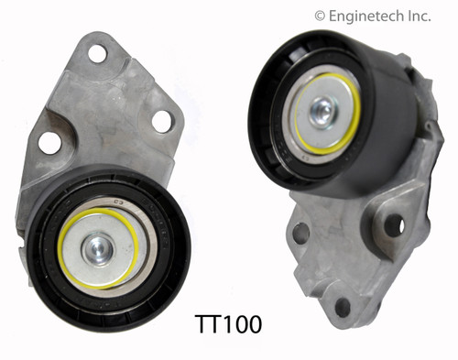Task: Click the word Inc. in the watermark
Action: pyautogui.click(x=430, y=15)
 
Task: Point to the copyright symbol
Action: pyautogui.click(x=320, y=15)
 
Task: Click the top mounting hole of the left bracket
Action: pyautogui.click(x=98, y=54)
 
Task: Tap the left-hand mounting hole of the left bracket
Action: pyautogui.click(x=49, y=142)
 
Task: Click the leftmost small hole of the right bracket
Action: pyautogui.click(x=300, y=233)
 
